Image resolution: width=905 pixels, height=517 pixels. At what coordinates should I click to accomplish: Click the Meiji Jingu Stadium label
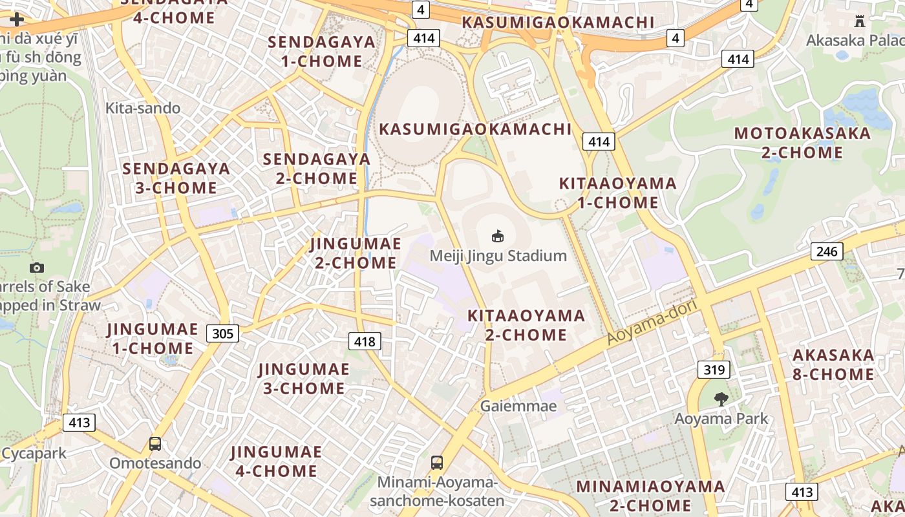click(498, 256)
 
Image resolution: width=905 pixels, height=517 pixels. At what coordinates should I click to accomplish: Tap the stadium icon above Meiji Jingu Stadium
click(498, 237)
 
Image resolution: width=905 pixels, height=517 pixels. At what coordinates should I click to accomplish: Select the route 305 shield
click(223, 333)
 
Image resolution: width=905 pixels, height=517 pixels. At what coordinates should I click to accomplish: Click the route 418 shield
click(365, 341)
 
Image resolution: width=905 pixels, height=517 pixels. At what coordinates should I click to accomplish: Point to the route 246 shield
click(827, 251)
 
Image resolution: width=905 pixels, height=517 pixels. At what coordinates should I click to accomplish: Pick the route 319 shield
click(714, 370)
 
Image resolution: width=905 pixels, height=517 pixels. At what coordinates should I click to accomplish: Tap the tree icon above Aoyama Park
click(721, 399)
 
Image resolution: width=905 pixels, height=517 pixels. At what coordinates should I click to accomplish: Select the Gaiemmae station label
click(518, 406)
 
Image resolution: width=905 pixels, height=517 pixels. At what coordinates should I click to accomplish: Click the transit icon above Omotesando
click(155, 444)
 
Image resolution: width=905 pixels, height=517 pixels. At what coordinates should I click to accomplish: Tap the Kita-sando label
click(143, 108)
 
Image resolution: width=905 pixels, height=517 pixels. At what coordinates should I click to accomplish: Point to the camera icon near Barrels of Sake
click(37, 268)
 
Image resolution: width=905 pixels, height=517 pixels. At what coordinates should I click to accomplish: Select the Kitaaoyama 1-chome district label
click(617, 193)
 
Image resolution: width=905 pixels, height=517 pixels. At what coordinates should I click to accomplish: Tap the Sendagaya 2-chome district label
click(317, 169)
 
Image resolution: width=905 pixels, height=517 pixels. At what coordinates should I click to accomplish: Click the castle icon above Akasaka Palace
click(859, 21)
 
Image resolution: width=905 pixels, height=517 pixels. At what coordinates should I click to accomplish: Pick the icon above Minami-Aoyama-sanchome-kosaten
click(437, 463)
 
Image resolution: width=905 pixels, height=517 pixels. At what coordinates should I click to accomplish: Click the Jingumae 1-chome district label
click(153, 339)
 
